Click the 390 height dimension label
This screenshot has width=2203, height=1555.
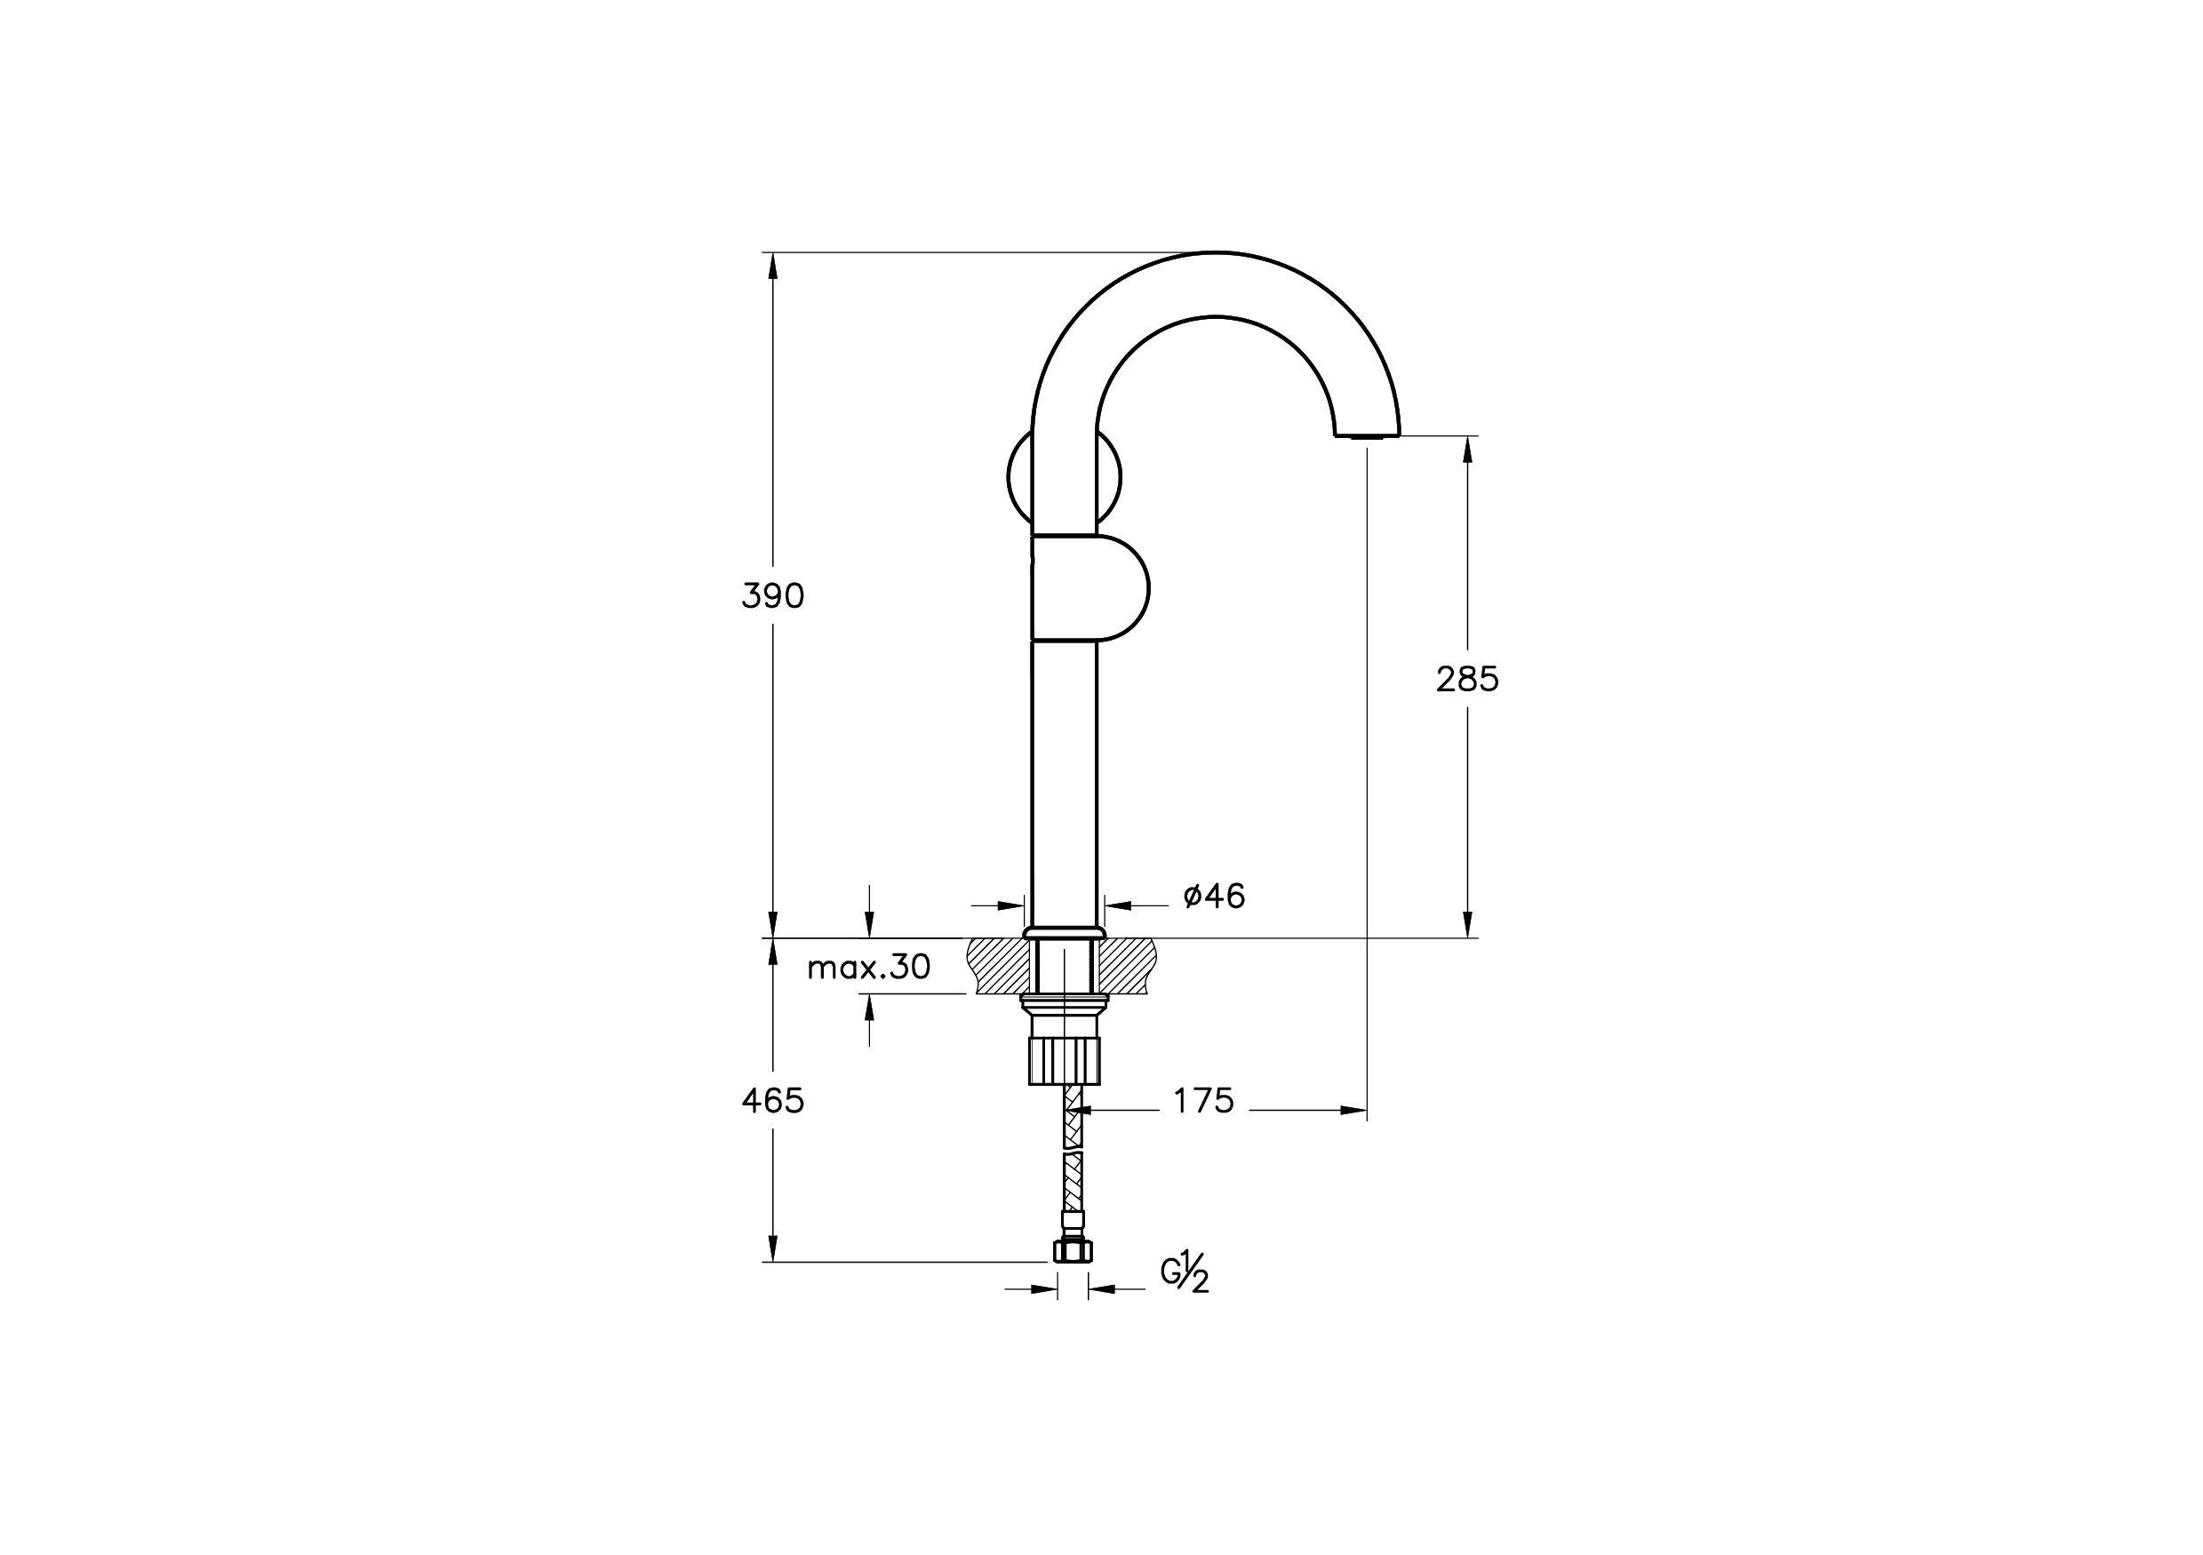772,596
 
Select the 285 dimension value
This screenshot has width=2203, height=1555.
1467,679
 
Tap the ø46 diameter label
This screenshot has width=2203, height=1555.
1214,896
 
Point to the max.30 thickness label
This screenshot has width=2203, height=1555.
868,967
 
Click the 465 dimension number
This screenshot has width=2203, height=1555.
772,1101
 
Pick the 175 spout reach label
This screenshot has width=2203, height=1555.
1203,1101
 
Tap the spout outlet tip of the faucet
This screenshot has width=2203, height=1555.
1368,435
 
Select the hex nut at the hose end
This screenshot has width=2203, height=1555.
1073,1250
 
